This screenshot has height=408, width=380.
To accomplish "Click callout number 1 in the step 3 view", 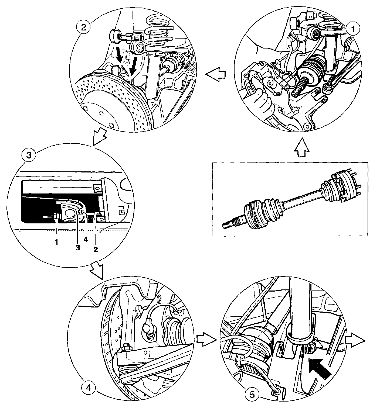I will (x=57, y=242).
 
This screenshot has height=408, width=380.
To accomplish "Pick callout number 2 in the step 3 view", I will (x=95, y=249).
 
